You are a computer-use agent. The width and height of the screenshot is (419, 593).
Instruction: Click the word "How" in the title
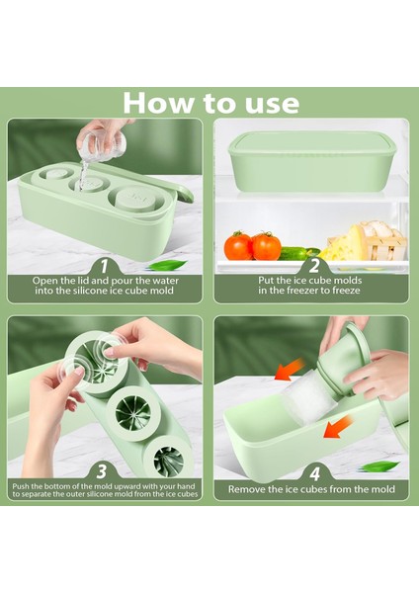point(159,103)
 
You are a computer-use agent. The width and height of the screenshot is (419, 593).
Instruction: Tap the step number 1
point(104,266)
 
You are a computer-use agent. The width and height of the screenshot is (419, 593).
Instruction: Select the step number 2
point(314,266)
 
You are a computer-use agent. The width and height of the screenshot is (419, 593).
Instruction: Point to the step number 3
point(102,472)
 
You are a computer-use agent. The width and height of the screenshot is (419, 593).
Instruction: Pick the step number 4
point(315,473)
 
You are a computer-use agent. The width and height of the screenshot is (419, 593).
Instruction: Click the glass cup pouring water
point(102,145)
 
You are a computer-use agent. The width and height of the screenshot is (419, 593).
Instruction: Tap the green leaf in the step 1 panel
point(167,265)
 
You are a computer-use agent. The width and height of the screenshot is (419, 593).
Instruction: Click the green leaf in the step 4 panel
point(379,466)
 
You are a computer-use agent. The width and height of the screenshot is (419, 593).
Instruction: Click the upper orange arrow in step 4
point(291,369)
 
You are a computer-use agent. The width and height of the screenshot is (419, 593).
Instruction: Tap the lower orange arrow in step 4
point(338,425)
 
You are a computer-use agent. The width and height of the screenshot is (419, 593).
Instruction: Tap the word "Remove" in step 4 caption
point(247,489)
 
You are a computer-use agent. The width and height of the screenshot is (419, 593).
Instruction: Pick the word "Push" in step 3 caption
point(20,486)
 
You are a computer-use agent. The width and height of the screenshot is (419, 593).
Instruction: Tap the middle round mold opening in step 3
point(130,412)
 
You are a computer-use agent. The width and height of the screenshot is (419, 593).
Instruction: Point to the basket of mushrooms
point(384,242)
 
